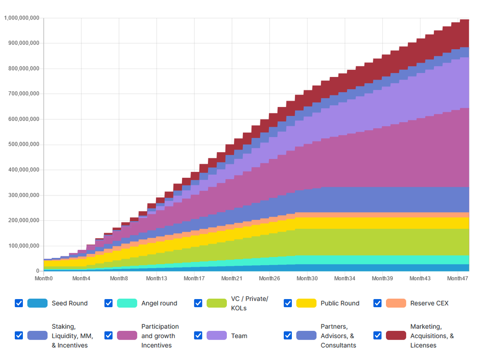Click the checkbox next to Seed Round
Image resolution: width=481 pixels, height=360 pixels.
[x=19, y=303]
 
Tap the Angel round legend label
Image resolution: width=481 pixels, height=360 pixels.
[x=159, y=303]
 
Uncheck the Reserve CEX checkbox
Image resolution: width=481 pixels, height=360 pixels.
[x=377, y=303]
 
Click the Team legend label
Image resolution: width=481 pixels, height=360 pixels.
[x=239, y=336]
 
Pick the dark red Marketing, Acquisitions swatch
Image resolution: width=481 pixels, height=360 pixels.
[x=396, y=336]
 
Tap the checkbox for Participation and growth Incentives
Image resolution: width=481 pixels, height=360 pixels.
[x=108, y=336]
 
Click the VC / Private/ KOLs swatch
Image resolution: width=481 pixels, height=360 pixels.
[x=217, y=303]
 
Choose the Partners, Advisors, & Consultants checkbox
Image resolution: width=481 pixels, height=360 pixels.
[x=288, y=336]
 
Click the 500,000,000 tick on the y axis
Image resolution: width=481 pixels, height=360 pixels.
[x=23, y=145]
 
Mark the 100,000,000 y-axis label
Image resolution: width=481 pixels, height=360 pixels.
[x=23, y=246]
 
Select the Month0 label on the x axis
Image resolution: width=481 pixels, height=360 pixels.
[x=44, y=278]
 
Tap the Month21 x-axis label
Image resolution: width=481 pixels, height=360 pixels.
[x=232, y=278]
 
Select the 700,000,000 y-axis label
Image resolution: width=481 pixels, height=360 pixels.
[x=23, y=94]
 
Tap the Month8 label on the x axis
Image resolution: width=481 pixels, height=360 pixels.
[x=119, y=278]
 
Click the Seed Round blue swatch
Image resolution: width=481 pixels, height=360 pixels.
[x=37, y=303]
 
